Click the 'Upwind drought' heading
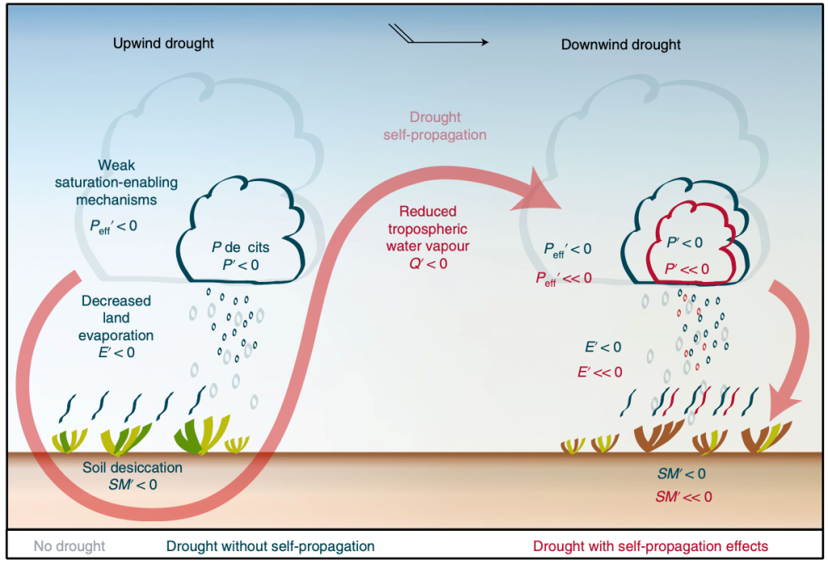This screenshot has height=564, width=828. pos(163,43)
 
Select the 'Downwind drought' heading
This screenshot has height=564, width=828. pos(621,44)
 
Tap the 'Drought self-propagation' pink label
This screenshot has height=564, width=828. pos(437,126)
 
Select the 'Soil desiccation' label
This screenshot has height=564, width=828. pos(133,468)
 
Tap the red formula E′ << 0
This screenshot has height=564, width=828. pos(599,372)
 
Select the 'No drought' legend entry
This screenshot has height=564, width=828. pos(70,545)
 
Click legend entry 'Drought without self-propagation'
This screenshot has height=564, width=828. pos(271,545)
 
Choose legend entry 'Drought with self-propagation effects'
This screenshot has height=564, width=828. pos(650,545)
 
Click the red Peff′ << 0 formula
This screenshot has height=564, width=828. pos(564,277)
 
